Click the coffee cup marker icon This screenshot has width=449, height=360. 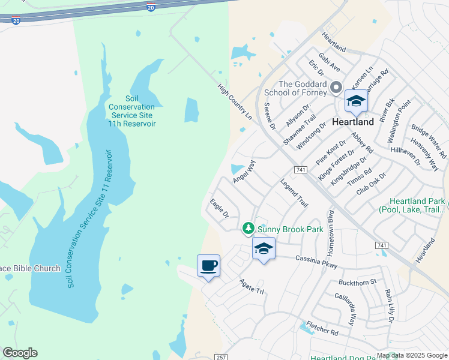pyautogui.click(x=208, y=265)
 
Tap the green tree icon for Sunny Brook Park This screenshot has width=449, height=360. pyautogui.click(x=249, y=229)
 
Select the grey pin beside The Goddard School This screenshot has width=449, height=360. pyautogui.click(x=336, y=88)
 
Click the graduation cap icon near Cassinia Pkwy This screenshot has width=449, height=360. pyautogui.click(x=264, y=248)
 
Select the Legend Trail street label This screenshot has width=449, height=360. pyautogui.click(x=294, y=193)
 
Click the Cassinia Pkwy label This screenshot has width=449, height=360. pyautogui.click(x=316, y=262)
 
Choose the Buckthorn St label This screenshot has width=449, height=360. pyautogui.click(x=357, y=281)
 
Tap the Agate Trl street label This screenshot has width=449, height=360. pyautogui.click(x=252, y=286)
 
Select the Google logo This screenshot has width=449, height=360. pyautogui.click(x=20, y=353)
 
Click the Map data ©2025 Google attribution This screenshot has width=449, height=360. pyautogui.click(x=411, y=355)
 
